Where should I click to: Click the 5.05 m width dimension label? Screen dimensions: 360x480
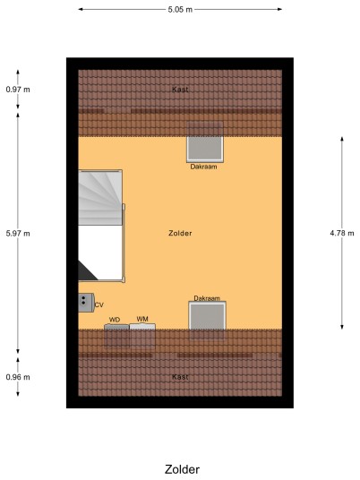click(180, 10)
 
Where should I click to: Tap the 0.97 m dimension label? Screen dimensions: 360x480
click(18, 90)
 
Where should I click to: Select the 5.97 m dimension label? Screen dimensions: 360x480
click(18, 233)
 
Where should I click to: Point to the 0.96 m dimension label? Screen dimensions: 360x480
click(18, 377)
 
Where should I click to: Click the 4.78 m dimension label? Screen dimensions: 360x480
click(342, 233)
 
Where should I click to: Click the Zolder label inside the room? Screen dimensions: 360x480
click(180, 233)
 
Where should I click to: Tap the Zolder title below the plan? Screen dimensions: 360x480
click(182, 469)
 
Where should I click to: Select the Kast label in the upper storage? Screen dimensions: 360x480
click(180, 90)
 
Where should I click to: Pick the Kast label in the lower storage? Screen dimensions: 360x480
click(180, 377)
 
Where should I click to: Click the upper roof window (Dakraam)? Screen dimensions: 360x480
click(205, 149)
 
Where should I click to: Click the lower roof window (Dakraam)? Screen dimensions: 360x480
click(207, 315)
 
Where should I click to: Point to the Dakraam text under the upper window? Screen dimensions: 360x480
click(203, 167)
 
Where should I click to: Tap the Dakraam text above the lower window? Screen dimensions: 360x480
click(207, 298)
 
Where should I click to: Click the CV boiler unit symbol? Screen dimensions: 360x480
click(86, 303)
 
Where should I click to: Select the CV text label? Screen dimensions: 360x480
click(99, 304)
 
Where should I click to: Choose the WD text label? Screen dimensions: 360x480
click(115, 320)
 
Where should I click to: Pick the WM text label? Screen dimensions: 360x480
click(142, 319)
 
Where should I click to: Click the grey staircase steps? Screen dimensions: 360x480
click(100, 198)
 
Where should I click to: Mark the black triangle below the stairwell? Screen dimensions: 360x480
click(86, 271)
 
